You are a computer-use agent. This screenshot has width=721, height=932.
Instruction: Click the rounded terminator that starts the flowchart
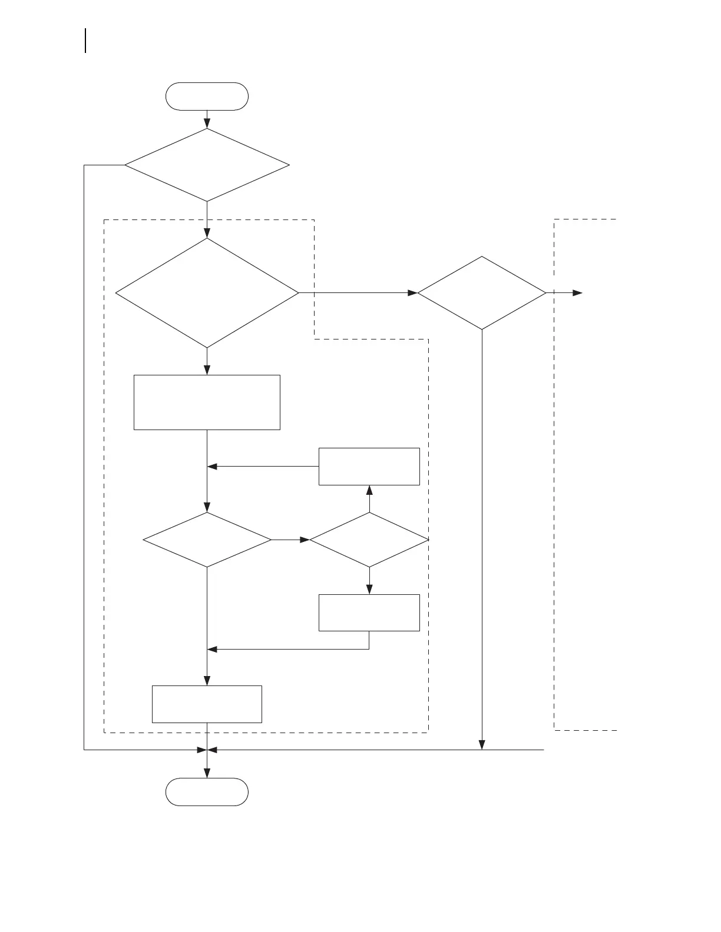207,96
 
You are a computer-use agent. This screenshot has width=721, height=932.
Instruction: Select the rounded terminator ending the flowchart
207,791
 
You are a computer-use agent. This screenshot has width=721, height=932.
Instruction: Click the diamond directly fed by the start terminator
207,165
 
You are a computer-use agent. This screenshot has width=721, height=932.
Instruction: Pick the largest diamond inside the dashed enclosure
207,292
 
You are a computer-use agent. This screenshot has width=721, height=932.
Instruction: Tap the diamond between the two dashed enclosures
482,292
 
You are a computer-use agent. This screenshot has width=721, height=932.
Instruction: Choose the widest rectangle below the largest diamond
207,402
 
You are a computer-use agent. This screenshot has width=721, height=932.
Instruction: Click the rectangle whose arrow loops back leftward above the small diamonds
369,467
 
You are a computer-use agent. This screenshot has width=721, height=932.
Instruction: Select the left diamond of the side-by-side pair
207,540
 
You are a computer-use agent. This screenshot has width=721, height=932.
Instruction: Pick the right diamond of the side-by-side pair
369,540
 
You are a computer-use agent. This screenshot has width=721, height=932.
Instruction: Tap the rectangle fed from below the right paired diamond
369,613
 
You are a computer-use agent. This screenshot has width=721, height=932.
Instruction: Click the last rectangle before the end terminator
207,704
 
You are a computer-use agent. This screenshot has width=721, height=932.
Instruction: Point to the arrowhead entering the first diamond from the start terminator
207,124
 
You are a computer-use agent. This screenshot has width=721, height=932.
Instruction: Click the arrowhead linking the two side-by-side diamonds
305,540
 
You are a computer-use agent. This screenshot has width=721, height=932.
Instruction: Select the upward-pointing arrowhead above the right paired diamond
369,490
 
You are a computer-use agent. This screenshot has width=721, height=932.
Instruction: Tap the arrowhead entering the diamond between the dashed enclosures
412,292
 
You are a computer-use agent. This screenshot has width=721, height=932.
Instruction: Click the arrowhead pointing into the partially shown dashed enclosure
578,292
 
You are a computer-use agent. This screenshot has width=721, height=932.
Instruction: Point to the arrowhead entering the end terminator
207,773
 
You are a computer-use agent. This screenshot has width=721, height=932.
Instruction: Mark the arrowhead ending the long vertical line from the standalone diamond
482,745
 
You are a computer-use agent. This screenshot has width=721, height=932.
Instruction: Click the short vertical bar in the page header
86,41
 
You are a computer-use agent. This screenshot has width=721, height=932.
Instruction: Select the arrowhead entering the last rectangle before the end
207,681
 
